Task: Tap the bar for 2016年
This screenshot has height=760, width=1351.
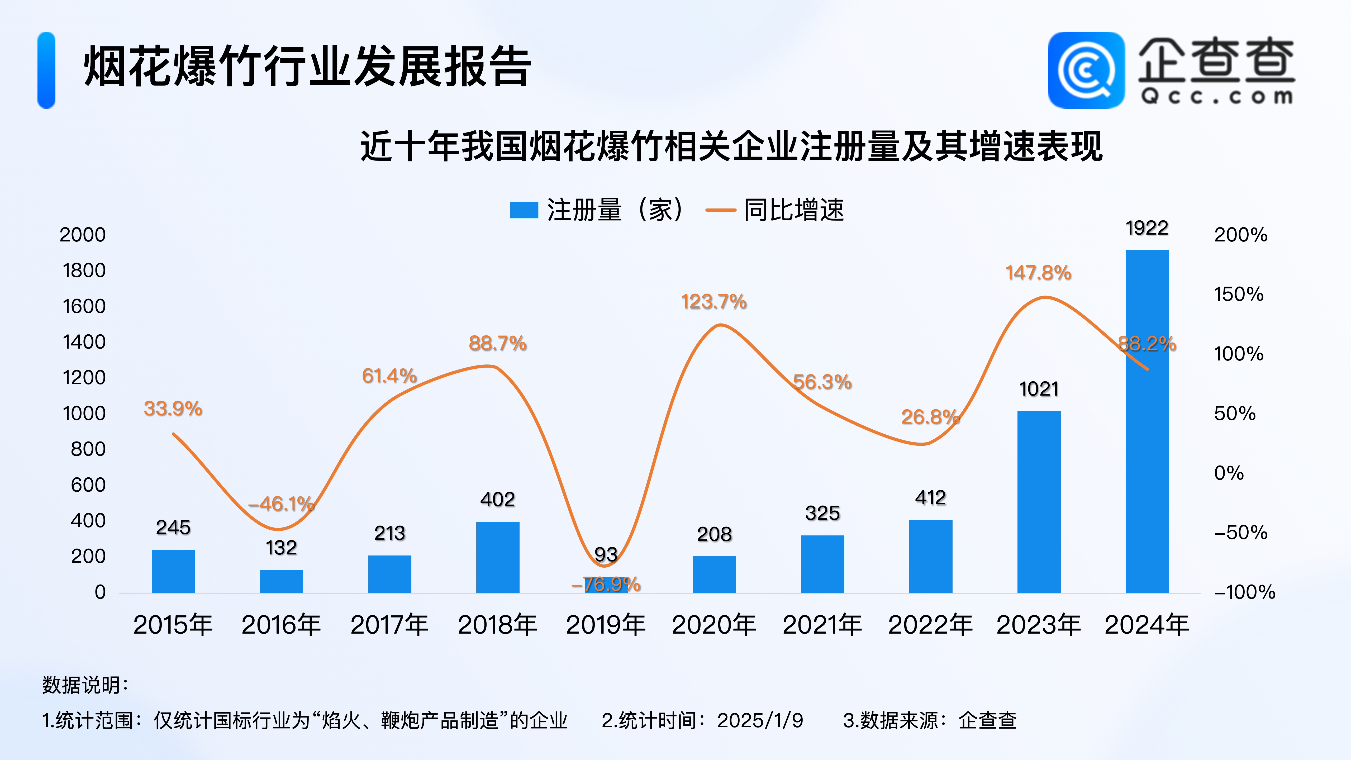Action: (281, 581)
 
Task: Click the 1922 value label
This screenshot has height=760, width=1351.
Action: (1147, 228)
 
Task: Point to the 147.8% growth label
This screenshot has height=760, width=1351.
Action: (1038, 273)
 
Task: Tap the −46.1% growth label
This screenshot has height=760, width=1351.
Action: (281, 504)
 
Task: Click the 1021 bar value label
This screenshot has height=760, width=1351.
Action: (1038, 389)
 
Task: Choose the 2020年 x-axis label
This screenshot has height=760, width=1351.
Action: (714, 625)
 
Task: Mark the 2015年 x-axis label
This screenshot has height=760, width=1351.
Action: (173, 625)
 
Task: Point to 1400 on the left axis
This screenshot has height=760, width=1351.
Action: (84, 342)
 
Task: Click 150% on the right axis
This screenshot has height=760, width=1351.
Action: (1239, 294)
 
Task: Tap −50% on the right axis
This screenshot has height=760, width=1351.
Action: (1240, 533)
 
